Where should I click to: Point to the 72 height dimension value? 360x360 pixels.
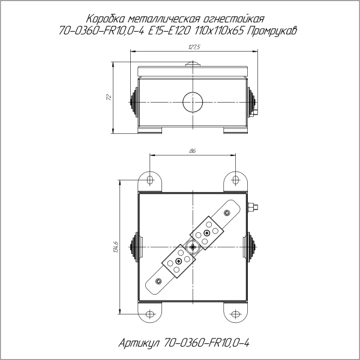(109, 97)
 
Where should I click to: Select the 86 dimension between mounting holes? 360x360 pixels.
(192, 151)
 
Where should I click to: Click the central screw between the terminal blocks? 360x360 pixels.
(192, 246)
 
